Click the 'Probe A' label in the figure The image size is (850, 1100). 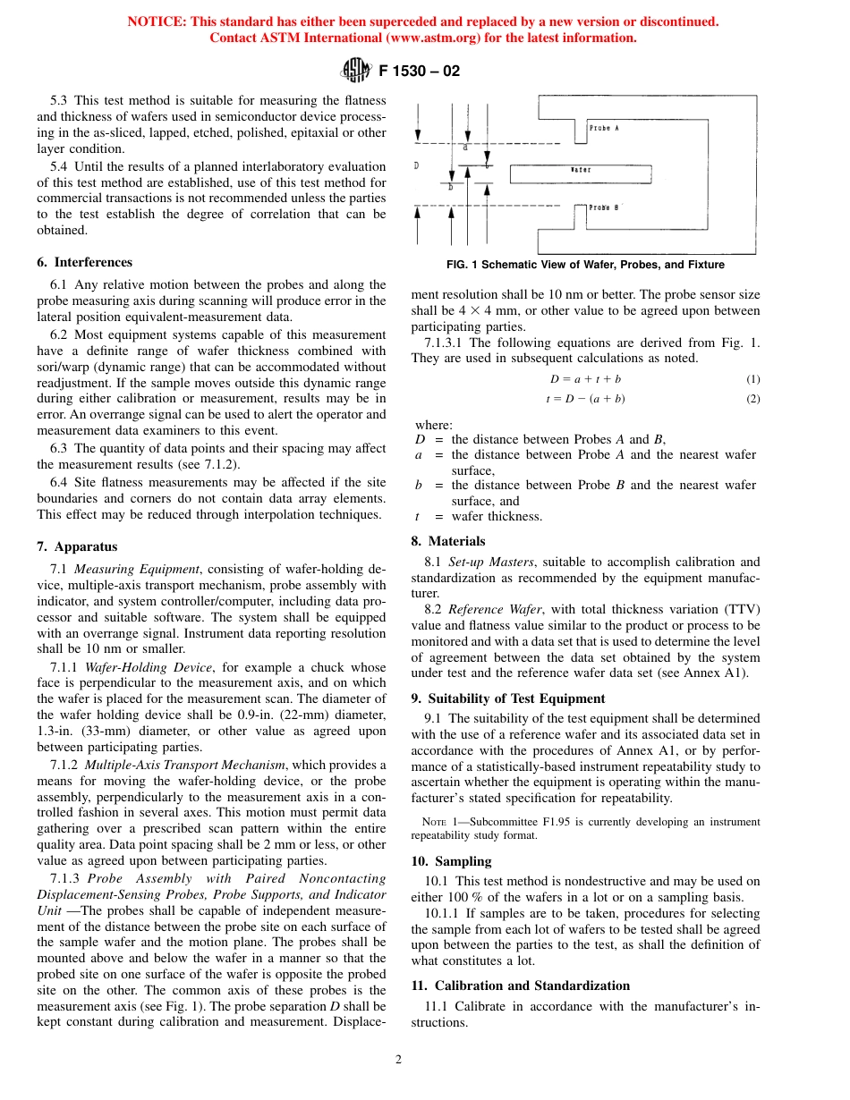(x=605, y=129)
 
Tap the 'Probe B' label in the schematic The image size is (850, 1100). (x=605, y=207)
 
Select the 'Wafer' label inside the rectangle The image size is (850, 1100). (x=581, y=168)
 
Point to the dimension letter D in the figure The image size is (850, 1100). (x=416, y=165)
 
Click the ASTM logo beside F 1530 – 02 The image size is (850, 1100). (x=357, y=71)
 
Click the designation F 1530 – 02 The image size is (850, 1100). (x=420, y=71)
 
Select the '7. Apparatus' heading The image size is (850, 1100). (x=77, y=546)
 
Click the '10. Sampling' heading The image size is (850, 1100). (x=451, y=861)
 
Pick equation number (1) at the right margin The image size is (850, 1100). (x=753, y=379)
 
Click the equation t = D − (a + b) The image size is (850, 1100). (x=585, y=399)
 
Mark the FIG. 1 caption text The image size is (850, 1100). (x=585, y=265)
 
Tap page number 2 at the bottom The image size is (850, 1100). (x=399, y=1060)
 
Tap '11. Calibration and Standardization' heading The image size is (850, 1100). (x=520, y=986)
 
